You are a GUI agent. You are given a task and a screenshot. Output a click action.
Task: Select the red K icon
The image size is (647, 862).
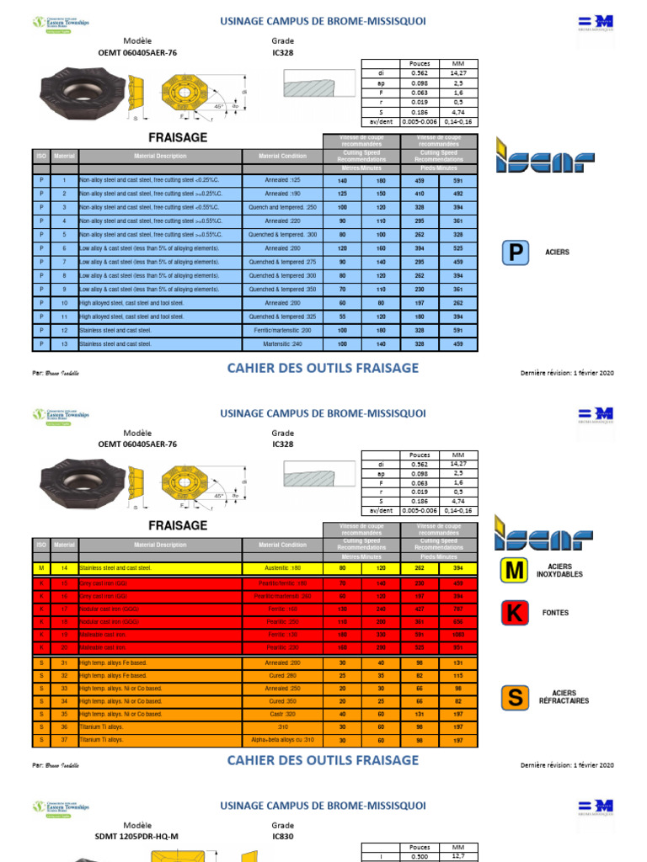click(x=514, y=614)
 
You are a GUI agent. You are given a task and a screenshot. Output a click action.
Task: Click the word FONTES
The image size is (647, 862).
click(x=556, y=614)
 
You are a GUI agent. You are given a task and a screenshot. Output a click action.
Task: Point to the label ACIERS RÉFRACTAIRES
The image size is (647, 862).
click(x=564, y=697)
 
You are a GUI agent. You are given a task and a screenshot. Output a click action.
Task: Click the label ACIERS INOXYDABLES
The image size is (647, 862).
click(x=564, y=571)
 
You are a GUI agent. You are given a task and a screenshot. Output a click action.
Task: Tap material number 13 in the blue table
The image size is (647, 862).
click(x=64, y=344)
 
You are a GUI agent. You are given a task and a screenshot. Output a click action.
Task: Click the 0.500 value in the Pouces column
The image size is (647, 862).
click(x=419, y=857)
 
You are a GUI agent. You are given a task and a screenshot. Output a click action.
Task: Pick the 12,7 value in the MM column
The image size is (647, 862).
click(x=458, y=856)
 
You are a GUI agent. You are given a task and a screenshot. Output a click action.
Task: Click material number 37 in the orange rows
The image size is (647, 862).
click(x=64, y=741)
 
